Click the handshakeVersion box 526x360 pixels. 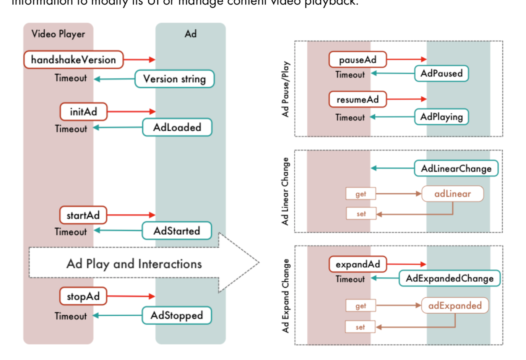[73, 60]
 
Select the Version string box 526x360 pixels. [174, 79]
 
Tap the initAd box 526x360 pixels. [83, 112]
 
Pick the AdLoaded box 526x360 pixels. [177, 127]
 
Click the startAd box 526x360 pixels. [83, 215]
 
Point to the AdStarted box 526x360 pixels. [177, 231]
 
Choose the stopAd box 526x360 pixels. [83, 296]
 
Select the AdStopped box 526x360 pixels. [177, 315]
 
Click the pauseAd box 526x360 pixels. [357, 60]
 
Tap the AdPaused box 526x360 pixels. [442, 73]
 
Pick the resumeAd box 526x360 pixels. [357, 99]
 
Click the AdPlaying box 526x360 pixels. [442, 117]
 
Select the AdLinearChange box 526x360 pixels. [456, 168]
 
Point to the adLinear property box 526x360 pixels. [453, 194]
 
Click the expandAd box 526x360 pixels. [357, 264]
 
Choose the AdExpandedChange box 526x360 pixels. [450, 278]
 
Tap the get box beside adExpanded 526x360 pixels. [360, 306]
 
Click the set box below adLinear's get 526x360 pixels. [361, 214]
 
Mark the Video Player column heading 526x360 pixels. [58, 34]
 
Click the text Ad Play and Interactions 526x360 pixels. [134, 264]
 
